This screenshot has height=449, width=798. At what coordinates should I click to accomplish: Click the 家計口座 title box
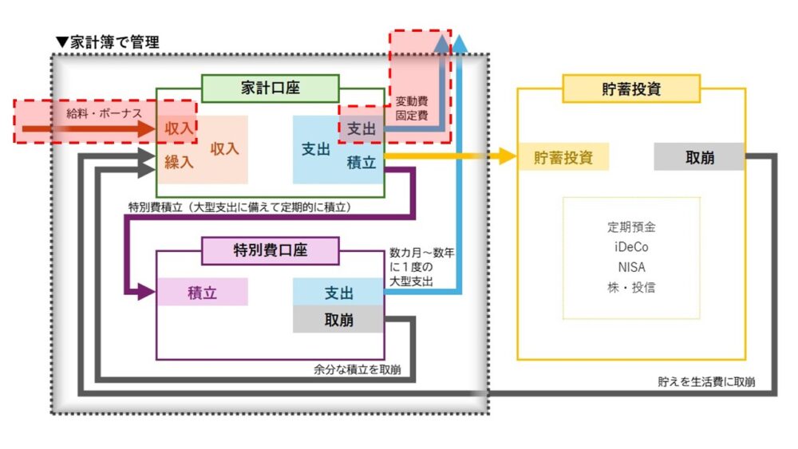(x=270, y=89)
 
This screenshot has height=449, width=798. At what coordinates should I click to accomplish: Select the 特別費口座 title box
(x=270, y=250)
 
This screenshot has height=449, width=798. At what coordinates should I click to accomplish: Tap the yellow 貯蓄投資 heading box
(x=631, y=89)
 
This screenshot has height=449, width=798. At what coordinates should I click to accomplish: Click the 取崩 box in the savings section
(x=699, y=157)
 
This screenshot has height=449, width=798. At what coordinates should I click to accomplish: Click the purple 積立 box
(x=202, y=292)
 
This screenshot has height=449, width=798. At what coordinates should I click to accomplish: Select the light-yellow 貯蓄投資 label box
(x=564, y=157)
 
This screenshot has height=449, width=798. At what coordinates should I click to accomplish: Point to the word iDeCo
(x=631, y=246)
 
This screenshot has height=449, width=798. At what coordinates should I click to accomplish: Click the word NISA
(x=631, y=267)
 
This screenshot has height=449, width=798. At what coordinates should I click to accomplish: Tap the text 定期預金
(x=631, y=226)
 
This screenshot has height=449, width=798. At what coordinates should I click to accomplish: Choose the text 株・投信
(x=631, y=287)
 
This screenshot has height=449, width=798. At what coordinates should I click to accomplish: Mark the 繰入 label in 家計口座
(x=180, y=163)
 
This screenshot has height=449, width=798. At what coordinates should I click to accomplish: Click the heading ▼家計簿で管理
(x=107, y=42)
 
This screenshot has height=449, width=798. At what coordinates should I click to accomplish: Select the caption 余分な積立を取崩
(x=358, y=369)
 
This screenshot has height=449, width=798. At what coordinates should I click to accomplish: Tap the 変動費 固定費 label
(x=412, y=108)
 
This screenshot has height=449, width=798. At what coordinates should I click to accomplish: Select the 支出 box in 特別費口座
(x=338, y=292)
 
